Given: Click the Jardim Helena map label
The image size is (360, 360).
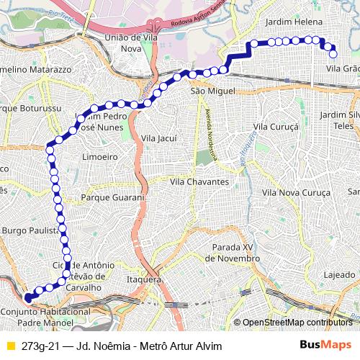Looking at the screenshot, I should tap(294, 22).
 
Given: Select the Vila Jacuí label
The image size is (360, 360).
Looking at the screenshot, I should tap(159, 138).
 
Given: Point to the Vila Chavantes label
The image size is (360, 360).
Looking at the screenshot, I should tap(199, 182).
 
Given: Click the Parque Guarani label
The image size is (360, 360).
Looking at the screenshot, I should tap(113, 197).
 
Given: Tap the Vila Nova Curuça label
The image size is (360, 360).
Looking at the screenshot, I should tap(296, 192).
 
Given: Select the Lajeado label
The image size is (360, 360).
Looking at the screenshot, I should tap(339, 275).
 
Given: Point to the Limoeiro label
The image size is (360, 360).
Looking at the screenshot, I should tap(100, 156).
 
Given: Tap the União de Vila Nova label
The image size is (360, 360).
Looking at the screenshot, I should tap(132, 42).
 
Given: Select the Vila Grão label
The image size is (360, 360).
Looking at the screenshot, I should tap(343, 68).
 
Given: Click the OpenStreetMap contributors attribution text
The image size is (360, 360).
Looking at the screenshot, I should tap(297, 323).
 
